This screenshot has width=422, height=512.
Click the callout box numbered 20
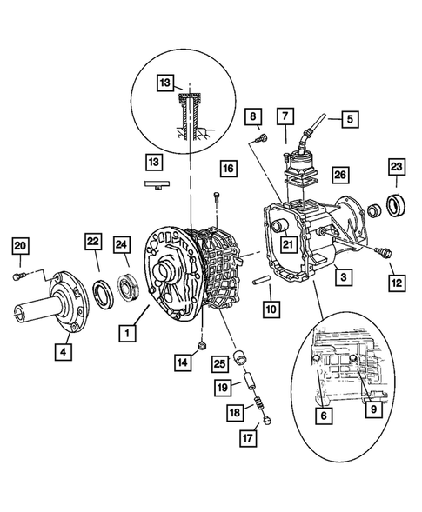pos(20,246)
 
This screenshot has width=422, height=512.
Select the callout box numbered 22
pos(93,242)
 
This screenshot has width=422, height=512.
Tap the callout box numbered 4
pos(64,351)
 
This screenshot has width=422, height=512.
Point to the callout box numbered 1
pos(127,333)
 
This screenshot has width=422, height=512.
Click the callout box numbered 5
pos(350,119)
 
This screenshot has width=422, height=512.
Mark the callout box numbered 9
pos(373,409)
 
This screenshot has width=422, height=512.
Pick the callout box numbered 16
pos(228,169)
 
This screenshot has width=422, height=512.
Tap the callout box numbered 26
pos(340,175)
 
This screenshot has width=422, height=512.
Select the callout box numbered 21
pos(288,244)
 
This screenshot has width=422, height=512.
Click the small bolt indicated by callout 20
pos(19,276)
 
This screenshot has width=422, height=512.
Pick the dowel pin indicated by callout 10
pos(261,281)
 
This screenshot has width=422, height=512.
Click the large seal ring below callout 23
pos(396,205)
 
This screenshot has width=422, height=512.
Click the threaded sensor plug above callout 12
pos(385,252)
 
